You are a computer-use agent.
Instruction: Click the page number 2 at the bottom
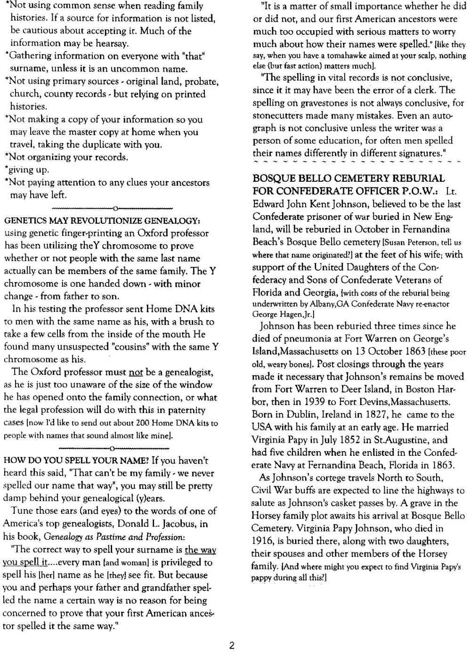[x=231, y=645]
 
